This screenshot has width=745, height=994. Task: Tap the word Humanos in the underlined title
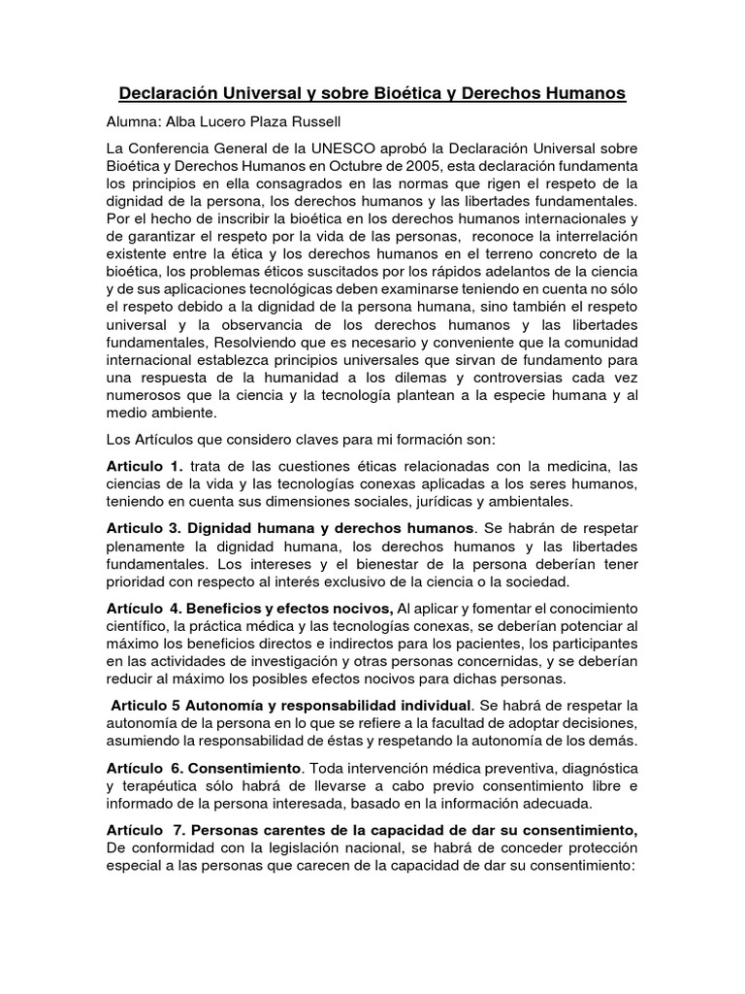tap(576, 94)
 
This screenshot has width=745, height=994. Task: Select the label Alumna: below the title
tap(135, 123)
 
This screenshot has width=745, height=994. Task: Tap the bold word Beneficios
tap(229, 609)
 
